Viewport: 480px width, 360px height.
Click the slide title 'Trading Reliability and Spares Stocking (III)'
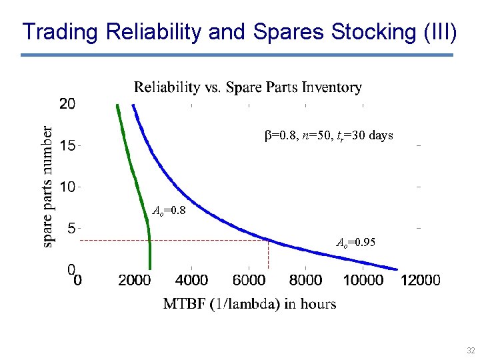[239, 31]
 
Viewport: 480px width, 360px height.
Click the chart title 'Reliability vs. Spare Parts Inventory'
[248, 87]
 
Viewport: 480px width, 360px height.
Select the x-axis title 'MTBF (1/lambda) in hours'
[249, 304]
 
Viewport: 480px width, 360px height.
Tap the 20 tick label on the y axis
[67, 104]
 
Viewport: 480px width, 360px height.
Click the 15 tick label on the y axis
[67, 145]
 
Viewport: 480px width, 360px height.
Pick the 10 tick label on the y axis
[67, 187]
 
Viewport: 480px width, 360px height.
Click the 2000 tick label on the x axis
[135, 281]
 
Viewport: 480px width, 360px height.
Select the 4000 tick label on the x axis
[191, 281]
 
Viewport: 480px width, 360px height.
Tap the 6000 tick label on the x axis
[249, 281]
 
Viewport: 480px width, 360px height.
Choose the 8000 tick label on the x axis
[305, 281]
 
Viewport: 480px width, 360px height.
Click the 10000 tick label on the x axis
[363, 281]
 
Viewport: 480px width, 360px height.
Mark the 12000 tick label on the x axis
[421, 281]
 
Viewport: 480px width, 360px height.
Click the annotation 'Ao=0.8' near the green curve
[169, 211]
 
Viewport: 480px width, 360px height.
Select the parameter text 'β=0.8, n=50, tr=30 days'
[329, 136]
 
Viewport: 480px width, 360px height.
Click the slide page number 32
[471, 350]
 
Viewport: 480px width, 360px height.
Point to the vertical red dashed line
[269, 254]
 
